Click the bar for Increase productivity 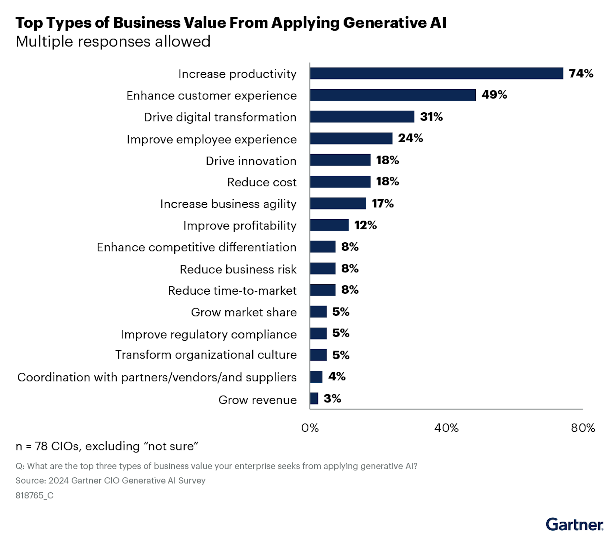pyautogui.click(x=436, y=73)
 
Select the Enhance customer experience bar pyautogui.click(x=393, y=95)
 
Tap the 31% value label pyautogui.click(x=431, y=117)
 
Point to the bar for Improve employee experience pyautogui.click(x=351, y=138)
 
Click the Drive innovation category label pyautogui.click(x=251, y=161)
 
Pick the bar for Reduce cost pyautogui.click(x=340, y=181)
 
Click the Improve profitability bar pyautogui.click(x=329, y=225)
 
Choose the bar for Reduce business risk pyautogui.click(x=323, y=268)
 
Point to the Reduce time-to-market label pyautogui.click(x=232, y=291)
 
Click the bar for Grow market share pyautogui.click(x=318, y=312)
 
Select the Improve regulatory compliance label pyautogui.click(x=209, y=334)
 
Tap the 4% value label pyautogui.click(x=337, y=376)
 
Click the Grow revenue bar pyautogui.click(x=314, y=398)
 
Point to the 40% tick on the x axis pyautogui.click(x=446, y=428)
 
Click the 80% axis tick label pyautogui.click(x=583, y=428)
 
